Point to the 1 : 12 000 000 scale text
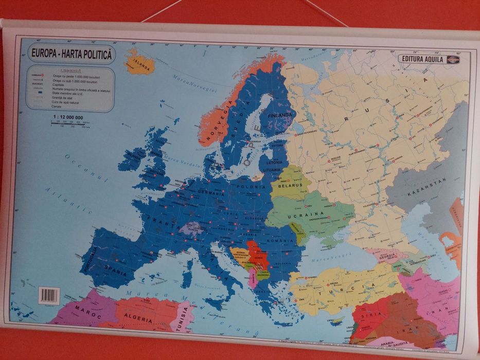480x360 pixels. [x=68, y=118]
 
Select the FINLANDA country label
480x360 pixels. [x=280, y=115]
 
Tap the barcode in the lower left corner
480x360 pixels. [x=49, y=295]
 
